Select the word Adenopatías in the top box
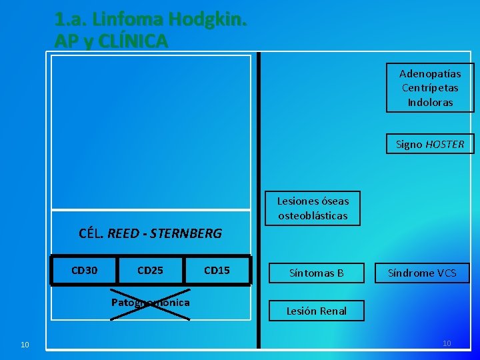tap(430, 73)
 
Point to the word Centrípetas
tap(430, 88)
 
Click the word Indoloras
tap(430, 103)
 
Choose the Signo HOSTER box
tap(430, 144)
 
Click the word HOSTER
tap(445, 144)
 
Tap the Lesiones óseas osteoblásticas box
tap(313, 208)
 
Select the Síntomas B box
tap(316, 273)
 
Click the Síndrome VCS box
tap(423, 273)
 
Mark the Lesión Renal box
tap(316, 311)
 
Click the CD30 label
tap(84, 270)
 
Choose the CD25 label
tap(150, 270)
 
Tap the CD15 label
tap(217, 270)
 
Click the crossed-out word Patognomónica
tap(150, 303)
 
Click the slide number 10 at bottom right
tap(447, 343)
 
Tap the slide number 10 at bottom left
tap(25, 345)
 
